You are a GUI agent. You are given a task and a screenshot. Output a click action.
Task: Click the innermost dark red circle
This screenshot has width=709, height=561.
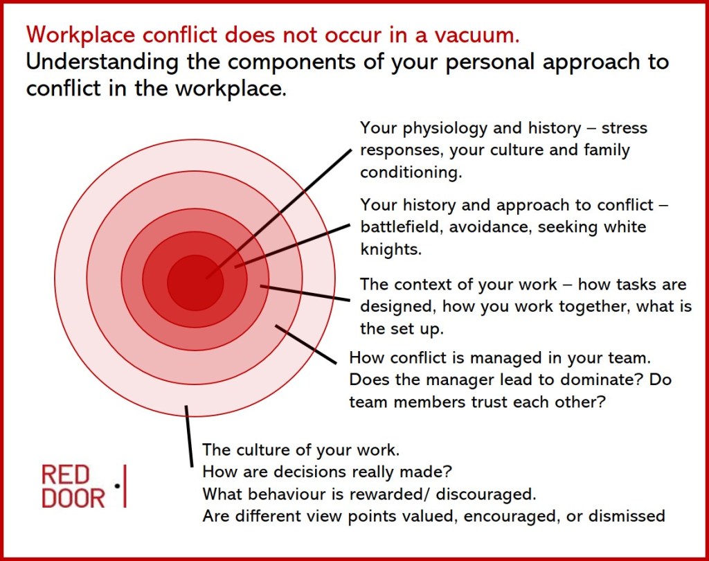tap(195, 283)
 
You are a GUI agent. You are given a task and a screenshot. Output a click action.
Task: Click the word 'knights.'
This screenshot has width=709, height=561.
tap(391, 249)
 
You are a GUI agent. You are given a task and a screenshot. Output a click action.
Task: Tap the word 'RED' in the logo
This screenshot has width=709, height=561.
tap(65, 476)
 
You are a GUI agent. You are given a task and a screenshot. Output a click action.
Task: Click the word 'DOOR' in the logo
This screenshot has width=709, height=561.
tap(73, 498)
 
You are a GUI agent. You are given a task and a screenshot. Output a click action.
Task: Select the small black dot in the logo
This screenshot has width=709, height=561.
tap(117, 486)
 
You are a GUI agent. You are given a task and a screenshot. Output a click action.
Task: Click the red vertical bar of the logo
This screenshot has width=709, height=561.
tap(125, 486)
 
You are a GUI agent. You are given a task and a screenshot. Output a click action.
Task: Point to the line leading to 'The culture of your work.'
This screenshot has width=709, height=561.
tap(189, 436)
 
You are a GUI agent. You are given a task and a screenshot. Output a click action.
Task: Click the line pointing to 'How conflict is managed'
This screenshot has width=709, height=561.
tap(305, 344)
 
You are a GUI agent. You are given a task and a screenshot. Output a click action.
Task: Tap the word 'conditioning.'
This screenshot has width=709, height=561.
tap(411, 173)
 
